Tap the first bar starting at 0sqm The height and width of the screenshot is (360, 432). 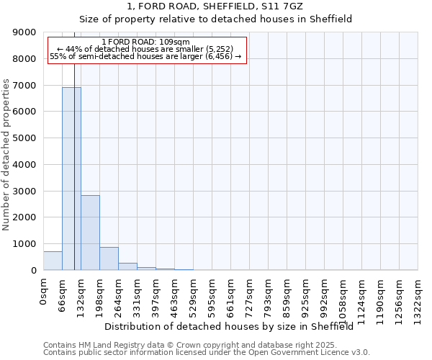53,261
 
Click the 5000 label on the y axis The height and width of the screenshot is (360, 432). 26,138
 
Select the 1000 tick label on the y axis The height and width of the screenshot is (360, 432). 26,244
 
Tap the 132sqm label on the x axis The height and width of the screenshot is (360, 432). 81,293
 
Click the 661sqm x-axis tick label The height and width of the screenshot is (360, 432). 230,293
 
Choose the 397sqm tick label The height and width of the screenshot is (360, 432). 156,293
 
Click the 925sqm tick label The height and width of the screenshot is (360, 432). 305,293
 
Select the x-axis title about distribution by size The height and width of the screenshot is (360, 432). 234,327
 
